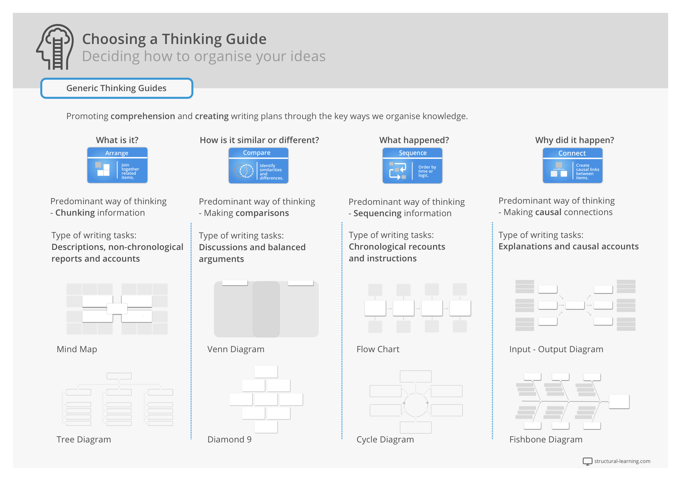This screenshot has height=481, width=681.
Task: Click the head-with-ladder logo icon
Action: point(55,47)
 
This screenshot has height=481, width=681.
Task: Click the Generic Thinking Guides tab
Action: point(117,88)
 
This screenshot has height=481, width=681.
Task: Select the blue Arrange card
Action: point(117,165)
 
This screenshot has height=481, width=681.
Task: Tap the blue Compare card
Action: point(258,165)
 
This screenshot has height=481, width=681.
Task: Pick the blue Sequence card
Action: point(412,165)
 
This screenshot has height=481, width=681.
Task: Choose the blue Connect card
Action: point(572,165)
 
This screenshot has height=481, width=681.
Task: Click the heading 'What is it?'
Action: point(117,140)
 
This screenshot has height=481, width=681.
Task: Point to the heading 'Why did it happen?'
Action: point(574,140)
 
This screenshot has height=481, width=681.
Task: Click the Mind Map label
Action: point(77,349)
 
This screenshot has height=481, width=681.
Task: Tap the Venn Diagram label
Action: point(236,349)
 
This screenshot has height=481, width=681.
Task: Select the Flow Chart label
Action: point(378,349)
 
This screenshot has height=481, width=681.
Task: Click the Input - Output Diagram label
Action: point(556,349)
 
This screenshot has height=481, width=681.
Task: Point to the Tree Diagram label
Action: point(84,440)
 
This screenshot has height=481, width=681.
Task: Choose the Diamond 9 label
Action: point(229,440)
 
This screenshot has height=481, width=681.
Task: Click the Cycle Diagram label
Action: point(385,440)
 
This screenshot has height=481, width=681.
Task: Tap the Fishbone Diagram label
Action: point(546,440)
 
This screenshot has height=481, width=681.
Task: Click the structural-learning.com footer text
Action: point(622,461)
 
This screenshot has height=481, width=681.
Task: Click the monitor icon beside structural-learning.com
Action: point(587,461)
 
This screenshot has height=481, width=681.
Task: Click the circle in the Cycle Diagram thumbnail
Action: point(416,405)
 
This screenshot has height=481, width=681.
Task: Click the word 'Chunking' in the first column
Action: point(75,213)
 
